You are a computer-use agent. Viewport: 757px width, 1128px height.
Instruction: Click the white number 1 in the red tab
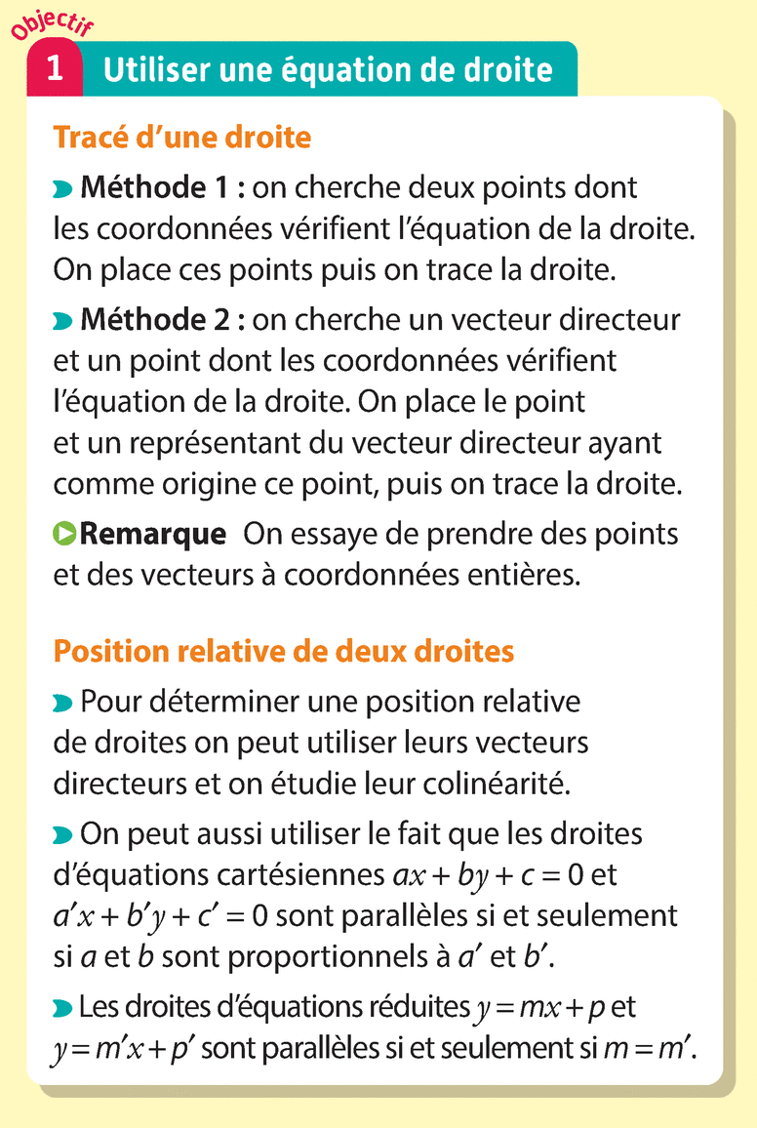pyautogui.click(x=56, y=69)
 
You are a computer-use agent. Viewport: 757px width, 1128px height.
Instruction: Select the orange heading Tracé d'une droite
pyautogui.click(x=182, y=138)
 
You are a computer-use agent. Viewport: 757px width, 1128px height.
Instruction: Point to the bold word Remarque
pyautogui.click(x=153, y=534)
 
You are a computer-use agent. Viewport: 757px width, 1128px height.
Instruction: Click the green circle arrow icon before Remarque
pyautogui.click(x=64, y=534)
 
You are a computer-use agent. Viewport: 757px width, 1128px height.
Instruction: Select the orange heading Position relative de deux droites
pyautogui.click(x=284, y=651)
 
